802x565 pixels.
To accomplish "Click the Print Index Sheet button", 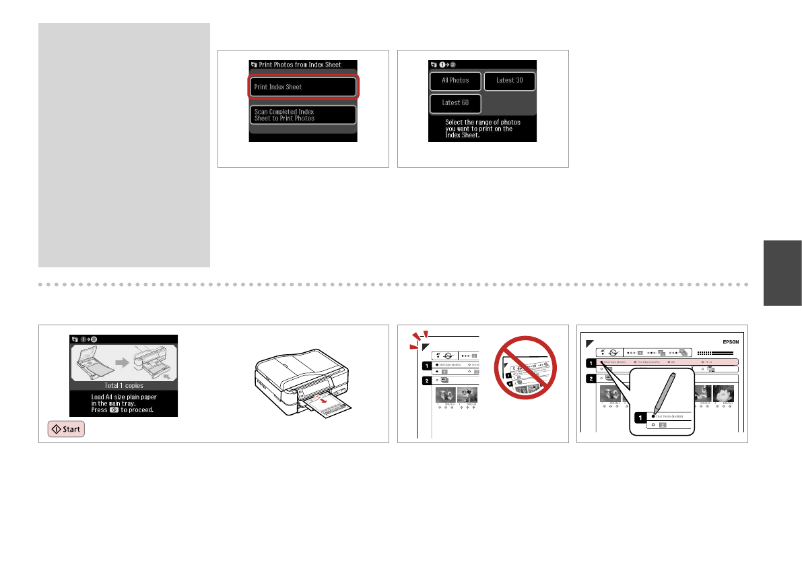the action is (302, 87).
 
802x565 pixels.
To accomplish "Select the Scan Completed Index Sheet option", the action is (302, 114).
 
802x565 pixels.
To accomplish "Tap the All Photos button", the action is (455, 81).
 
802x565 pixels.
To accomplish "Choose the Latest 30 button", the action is (509, 81).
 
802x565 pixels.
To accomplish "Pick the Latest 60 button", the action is (455, 103).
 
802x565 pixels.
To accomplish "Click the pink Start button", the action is (66, 430).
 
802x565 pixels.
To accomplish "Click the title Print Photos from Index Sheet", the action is (302, 65).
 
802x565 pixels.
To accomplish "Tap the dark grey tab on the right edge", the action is (782, 273).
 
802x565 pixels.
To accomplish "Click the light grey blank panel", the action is (124, 145).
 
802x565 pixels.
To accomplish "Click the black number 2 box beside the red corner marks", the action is (425, 380).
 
